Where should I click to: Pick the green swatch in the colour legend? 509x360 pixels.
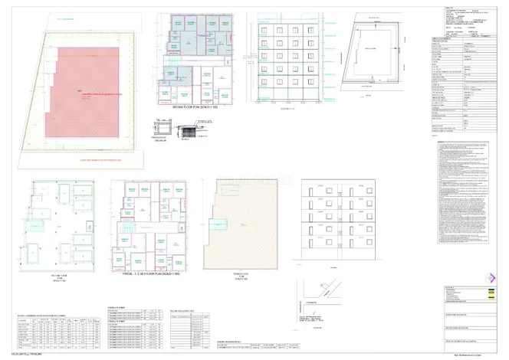pos(486,291)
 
